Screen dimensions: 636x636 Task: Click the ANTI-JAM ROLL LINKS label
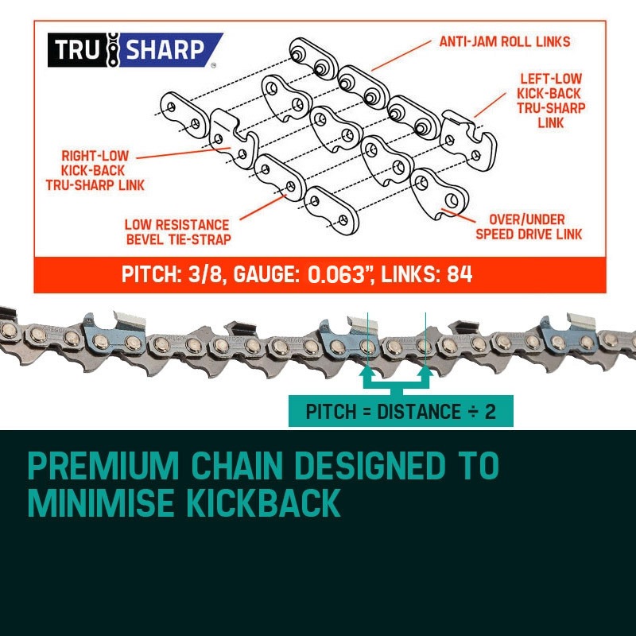coord(505,41)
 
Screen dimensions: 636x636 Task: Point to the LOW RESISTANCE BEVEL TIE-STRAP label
coord(176,232)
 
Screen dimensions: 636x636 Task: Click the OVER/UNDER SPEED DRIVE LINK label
coord(529,226)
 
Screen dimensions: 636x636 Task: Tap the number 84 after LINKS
coord(460,275)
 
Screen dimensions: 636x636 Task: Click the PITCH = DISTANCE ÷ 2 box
coord(401,412)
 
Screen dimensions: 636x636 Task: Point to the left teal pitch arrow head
coord(367,368)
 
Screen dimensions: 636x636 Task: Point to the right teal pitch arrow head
coord(425,368)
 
